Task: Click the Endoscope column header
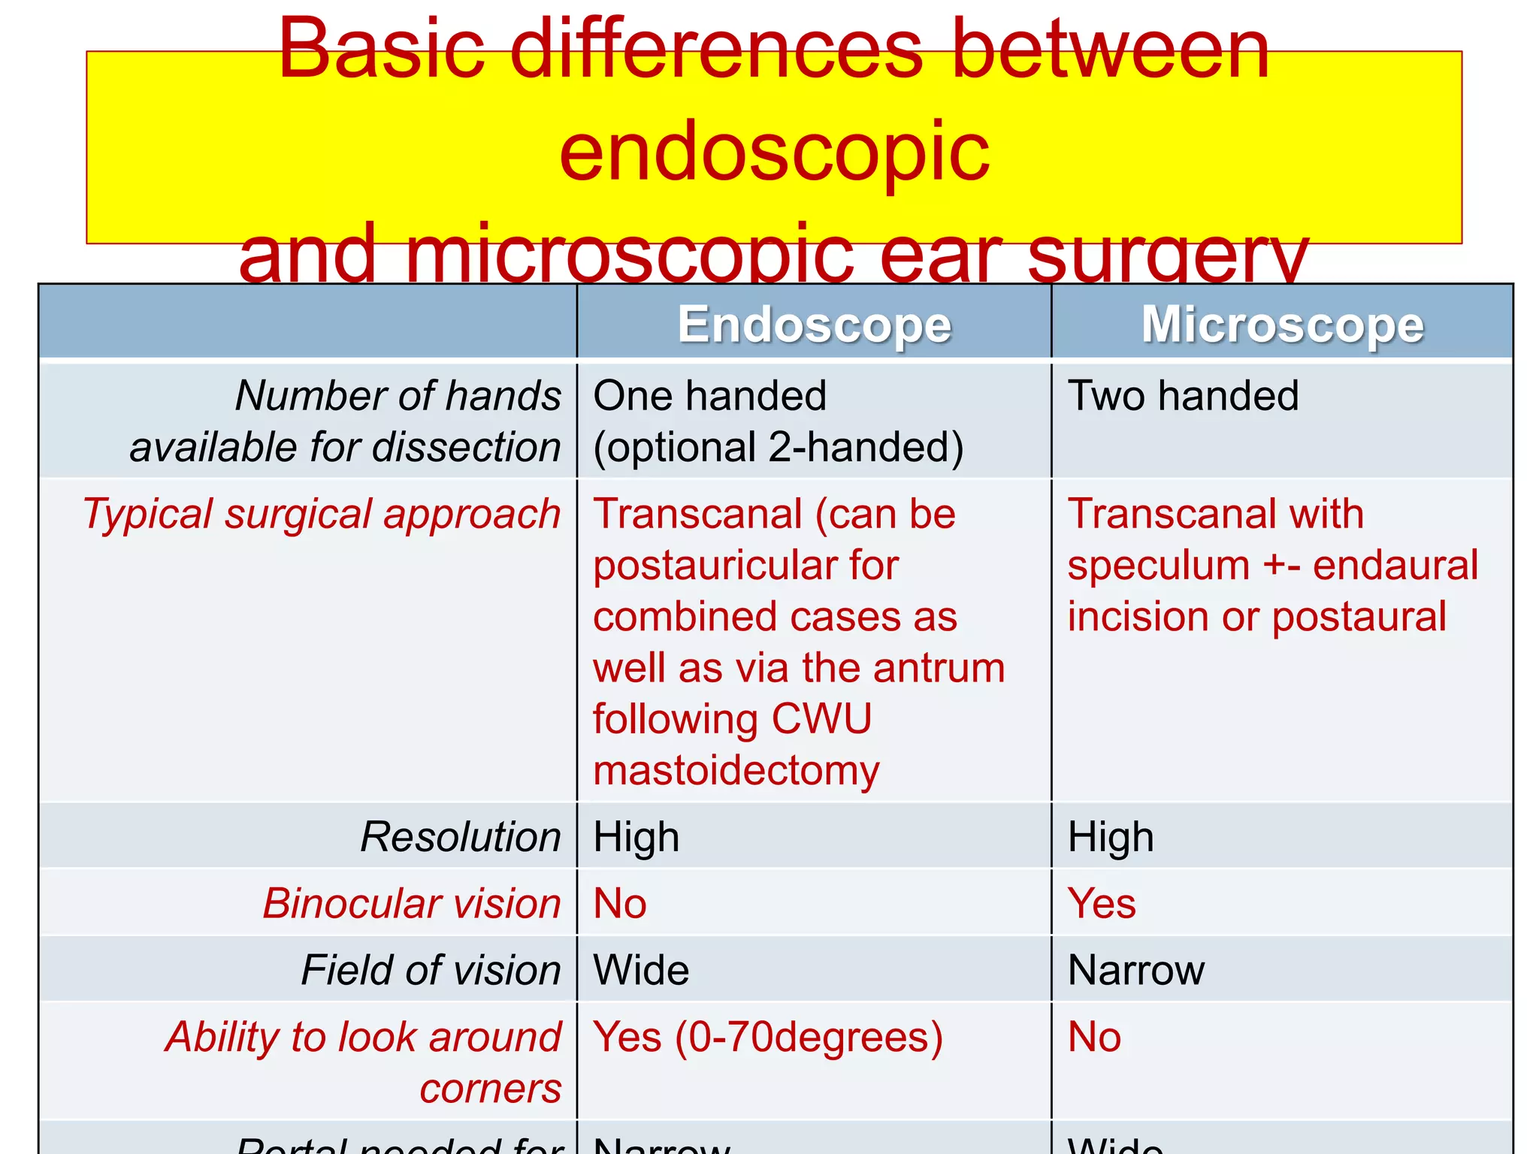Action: click(x=815, y=325)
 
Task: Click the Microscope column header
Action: click(x=1282, y=325)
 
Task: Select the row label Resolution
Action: click(x=461, y=836)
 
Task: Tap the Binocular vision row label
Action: click(x=412, y=903)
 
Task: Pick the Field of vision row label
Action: click(x=431, y=970)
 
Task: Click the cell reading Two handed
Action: click(x=1183, y=396)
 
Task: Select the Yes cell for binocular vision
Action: click(x=1102, y=903)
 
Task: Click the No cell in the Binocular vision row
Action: click(x=620, y=903)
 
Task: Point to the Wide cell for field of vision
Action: click(x=641, y=970)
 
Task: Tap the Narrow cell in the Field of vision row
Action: click(x=1135, y=970)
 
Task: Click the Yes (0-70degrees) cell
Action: click(x=767, y=1038)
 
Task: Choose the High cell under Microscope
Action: click(x=1111, y=836)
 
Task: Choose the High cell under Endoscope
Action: click(x=636, y=836)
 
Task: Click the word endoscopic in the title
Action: click(x=774, y=154)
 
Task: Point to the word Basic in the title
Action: click(x=382, y=51)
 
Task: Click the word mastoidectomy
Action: click(x=736, y=771)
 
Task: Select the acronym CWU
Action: click(x=821, y=719)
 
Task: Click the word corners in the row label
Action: click(x=490, y=1089)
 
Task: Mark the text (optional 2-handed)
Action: click(x=778, y=448)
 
